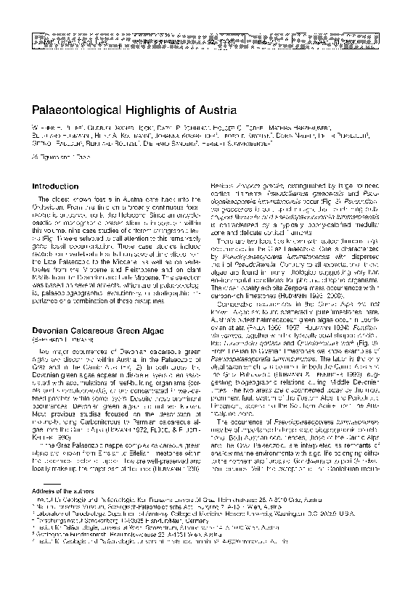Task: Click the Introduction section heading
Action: (56, 186)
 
